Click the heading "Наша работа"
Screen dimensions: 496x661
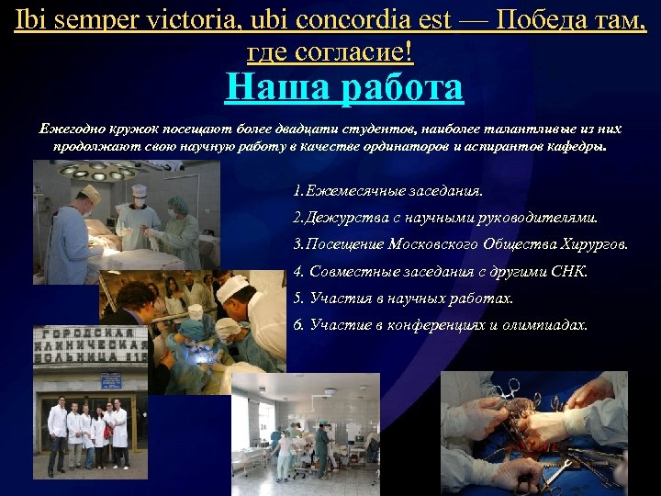coord(344,89)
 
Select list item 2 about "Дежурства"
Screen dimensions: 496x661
coord(444,219)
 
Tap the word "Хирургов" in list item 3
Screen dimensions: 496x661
coord(593,245)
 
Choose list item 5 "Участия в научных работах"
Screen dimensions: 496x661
coord(403,299)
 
